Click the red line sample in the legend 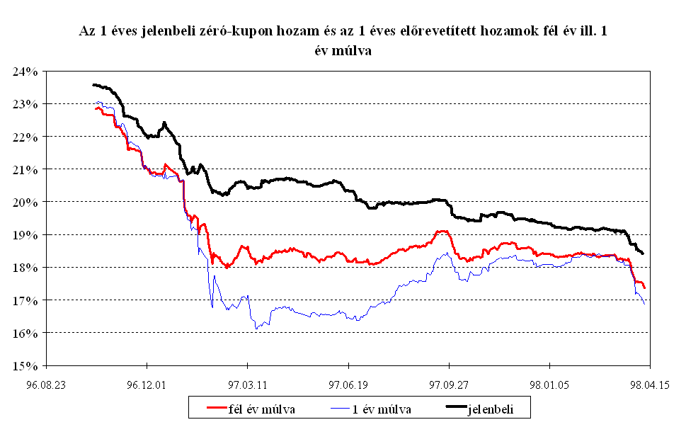click(x=209, y=409)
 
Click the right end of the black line click(x=642, y=253)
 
